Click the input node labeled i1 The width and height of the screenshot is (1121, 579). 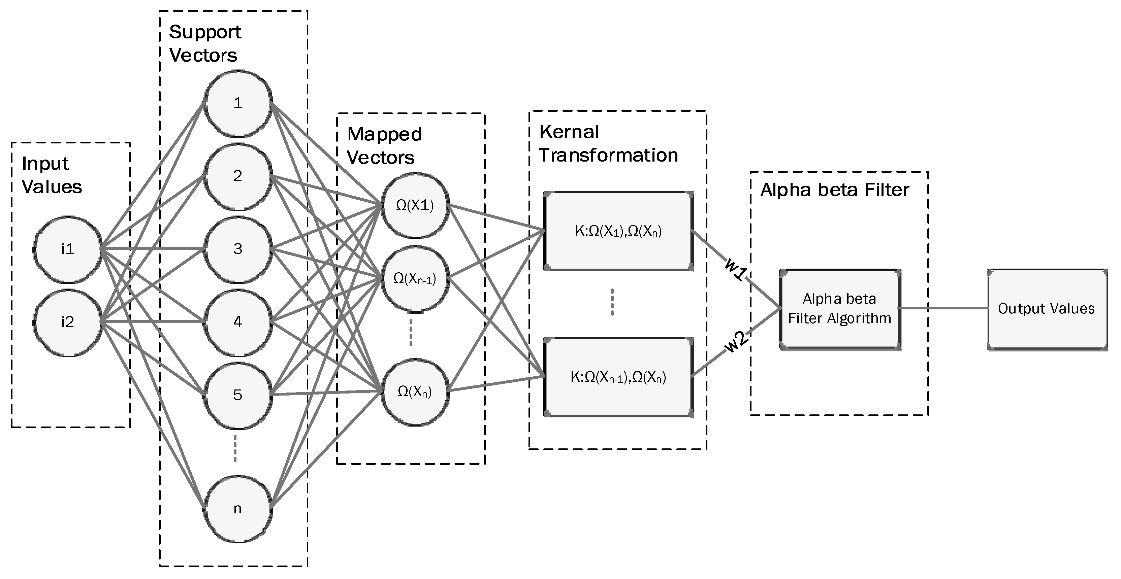[67, 249]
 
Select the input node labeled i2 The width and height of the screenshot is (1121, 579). [67, 322]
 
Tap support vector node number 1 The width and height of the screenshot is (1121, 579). [237, 103]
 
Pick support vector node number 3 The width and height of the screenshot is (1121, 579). [237, 249]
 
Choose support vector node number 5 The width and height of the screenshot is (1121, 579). [237, 395]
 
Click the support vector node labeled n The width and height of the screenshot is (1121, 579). [237, 509]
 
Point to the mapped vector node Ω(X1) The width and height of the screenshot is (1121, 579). [415, 205]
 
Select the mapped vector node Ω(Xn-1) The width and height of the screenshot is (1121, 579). [415, 278]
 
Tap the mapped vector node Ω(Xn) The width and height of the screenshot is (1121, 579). [415, 391]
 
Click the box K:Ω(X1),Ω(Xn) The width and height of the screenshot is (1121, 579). [618, 231]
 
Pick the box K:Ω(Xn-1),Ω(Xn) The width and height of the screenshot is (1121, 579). [618, 377]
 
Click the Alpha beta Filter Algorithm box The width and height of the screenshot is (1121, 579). [839, 309]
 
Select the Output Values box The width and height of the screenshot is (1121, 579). [1047, 309]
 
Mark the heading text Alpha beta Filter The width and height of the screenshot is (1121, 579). [835, 190]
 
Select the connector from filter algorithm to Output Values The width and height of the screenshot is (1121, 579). [943, 308]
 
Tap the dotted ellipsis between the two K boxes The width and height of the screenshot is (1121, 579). [612, 302]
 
